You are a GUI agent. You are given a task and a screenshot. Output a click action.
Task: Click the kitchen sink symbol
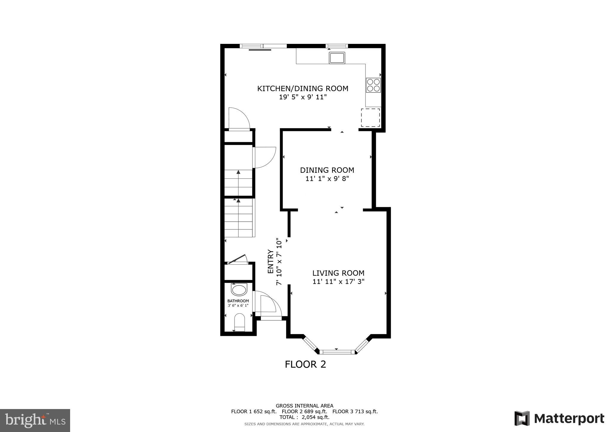(337, 58)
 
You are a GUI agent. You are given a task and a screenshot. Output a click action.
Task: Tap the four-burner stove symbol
(373, 85)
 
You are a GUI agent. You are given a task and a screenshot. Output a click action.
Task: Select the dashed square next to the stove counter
(370, 118)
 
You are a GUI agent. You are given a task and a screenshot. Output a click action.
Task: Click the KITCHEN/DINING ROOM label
(303, 89)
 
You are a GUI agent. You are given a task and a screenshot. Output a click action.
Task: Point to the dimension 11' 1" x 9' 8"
(327, 179)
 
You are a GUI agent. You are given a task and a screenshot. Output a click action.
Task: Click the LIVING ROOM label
(338, 273)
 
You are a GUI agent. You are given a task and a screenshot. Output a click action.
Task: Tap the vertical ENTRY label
(271, 261)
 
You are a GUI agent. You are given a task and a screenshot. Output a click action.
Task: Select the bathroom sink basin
(239, 290)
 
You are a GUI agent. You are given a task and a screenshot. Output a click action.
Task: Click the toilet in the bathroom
(239, 322)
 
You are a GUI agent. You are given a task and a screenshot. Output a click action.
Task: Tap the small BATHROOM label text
(238, 301)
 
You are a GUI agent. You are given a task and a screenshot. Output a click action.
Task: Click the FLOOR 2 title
(305, 364)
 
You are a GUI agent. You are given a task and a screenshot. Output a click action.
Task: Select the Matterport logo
(559, 418)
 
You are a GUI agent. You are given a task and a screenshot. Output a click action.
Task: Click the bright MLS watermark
(35, 420)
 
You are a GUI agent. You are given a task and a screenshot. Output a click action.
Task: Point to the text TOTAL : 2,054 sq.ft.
(304, 417)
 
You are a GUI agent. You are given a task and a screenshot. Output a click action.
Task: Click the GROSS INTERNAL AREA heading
(304, 406)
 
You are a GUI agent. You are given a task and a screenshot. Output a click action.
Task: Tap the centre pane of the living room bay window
(337, 352)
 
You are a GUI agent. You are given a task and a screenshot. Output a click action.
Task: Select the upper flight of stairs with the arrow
(238, 183)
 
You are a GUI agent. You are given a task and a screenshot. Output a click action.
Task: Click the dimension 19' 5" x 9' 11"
(303, 97)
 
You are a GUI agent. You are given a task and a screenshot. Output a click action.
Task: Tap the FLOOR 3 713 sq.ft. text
(355, 411)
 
